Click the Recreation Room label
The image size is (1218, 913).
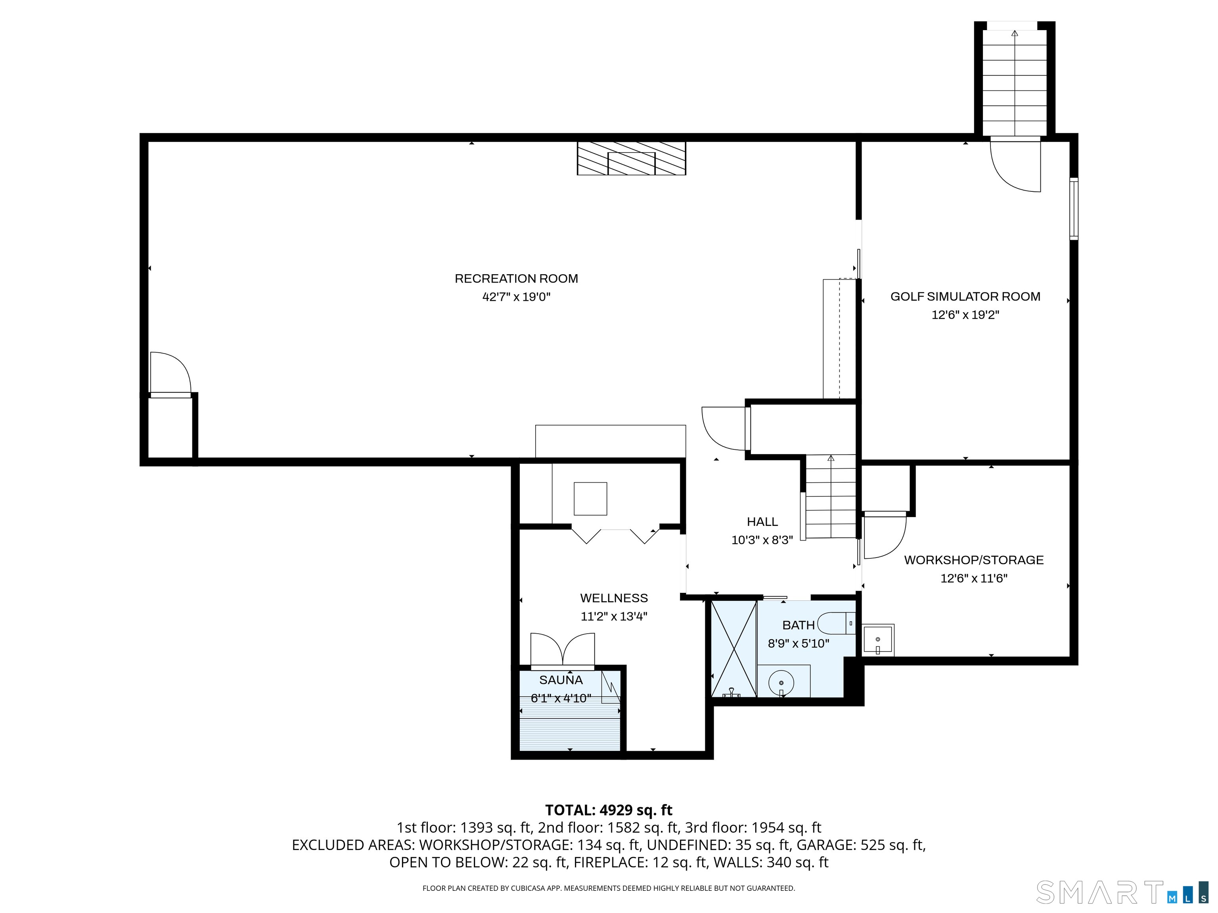(516, 279)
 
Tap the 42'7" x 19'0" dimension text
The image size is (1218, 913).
(516, 297)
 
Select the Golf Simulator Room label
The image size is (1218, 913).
(965, 297)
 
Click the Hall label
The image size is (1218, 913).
(762, 522)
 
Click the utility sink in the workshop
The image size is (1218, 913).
(878, 640)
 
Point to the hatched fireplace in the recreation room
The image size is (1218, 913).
(631, 159)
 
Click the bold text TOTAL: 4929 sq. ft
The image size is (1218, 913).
(609, 810)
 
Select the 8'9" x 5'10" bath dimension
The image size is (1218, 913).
(799, 643)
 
